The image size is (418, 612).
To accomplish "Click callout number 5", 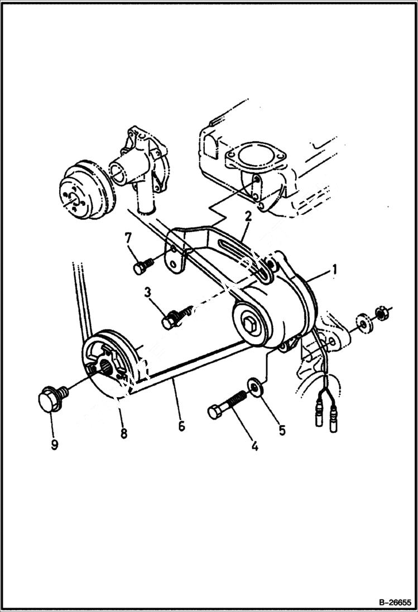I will [282, 430].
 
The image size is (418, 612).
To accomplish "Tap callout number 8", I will [123, 432].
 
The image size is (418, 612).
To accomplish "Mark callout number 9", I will [55, 446].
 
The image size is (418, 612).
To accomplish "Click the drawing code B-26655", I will [391, 603].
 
